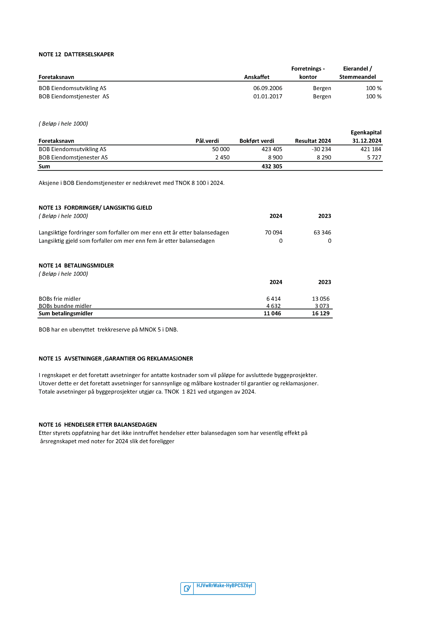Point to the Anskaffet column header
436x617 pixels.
pos(257,77)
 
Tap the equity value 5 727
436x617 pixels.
pos(374,157)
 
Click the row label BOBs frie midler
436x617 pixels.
pos(60,299)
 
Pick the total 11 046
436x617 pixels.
pos(272,313)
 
